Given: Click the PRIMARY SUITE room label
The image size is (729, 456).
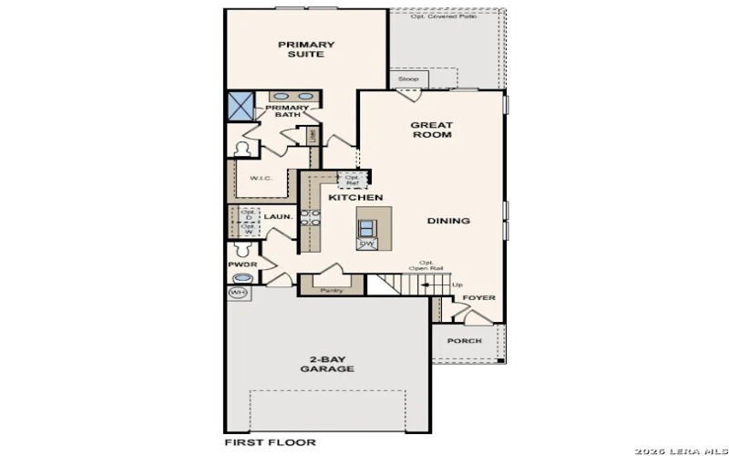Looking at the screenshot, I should (x=306, y=49).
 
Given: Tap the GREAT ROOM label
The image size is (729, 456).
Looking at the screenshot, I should (x=431, y=130).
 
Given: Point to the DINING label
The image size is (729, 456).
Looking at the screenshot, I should (x=448, y=221).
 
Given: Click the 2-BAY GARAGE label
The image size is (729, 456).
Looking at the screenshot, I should (x=327, y=363).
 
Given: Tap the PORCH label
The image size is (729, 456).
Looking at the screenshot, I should (x=465, y=341).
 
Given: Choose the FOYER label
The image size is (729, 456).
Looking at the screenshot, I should (x=478, y=298).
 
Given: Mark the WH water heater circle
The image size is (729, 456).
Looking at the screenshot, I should (x=238, y=293).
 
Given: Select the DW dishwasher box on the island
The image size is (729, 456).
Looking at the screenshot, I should (x=368, y=244).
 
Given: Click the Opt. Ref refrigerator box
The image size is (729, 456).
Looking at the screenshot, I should (x=353, y=179).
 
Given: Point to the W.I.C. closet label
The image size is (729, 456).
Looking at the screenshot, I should (x=260, y=178).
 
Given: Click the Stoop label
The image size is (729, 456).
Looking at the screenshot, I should (x=409, y=79).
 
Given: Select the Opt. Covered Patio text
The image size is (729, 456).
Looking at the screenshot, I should (x=444, y=16).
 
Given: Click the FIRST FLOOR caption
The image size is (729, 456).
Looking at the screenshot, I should (x=271, y=442).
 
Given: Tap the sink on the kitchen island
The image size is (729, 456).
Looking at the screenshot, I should (x=368, y=227).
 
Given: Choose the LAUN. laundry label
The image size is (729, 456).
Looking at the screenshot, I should (x=278, y=217).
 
